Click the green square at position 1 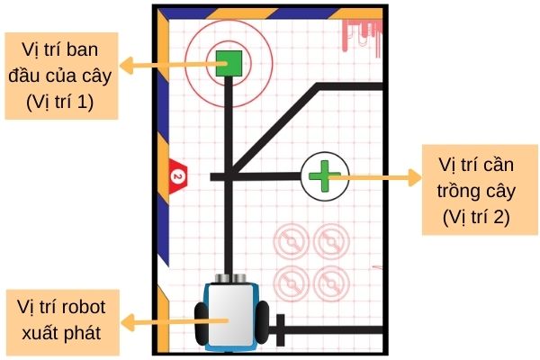pos(228,63)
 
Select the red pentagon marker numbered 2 pos(177,174)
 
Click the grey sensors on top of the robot pos(233,278)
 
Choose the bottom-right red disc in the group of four pos(329,282)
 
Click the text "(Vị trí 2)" pos(476,217)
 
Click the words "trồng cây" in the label pos(476,192)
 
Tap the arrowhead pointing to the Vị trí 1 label pos(127,64)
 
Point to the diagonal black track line pos(274,126)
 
